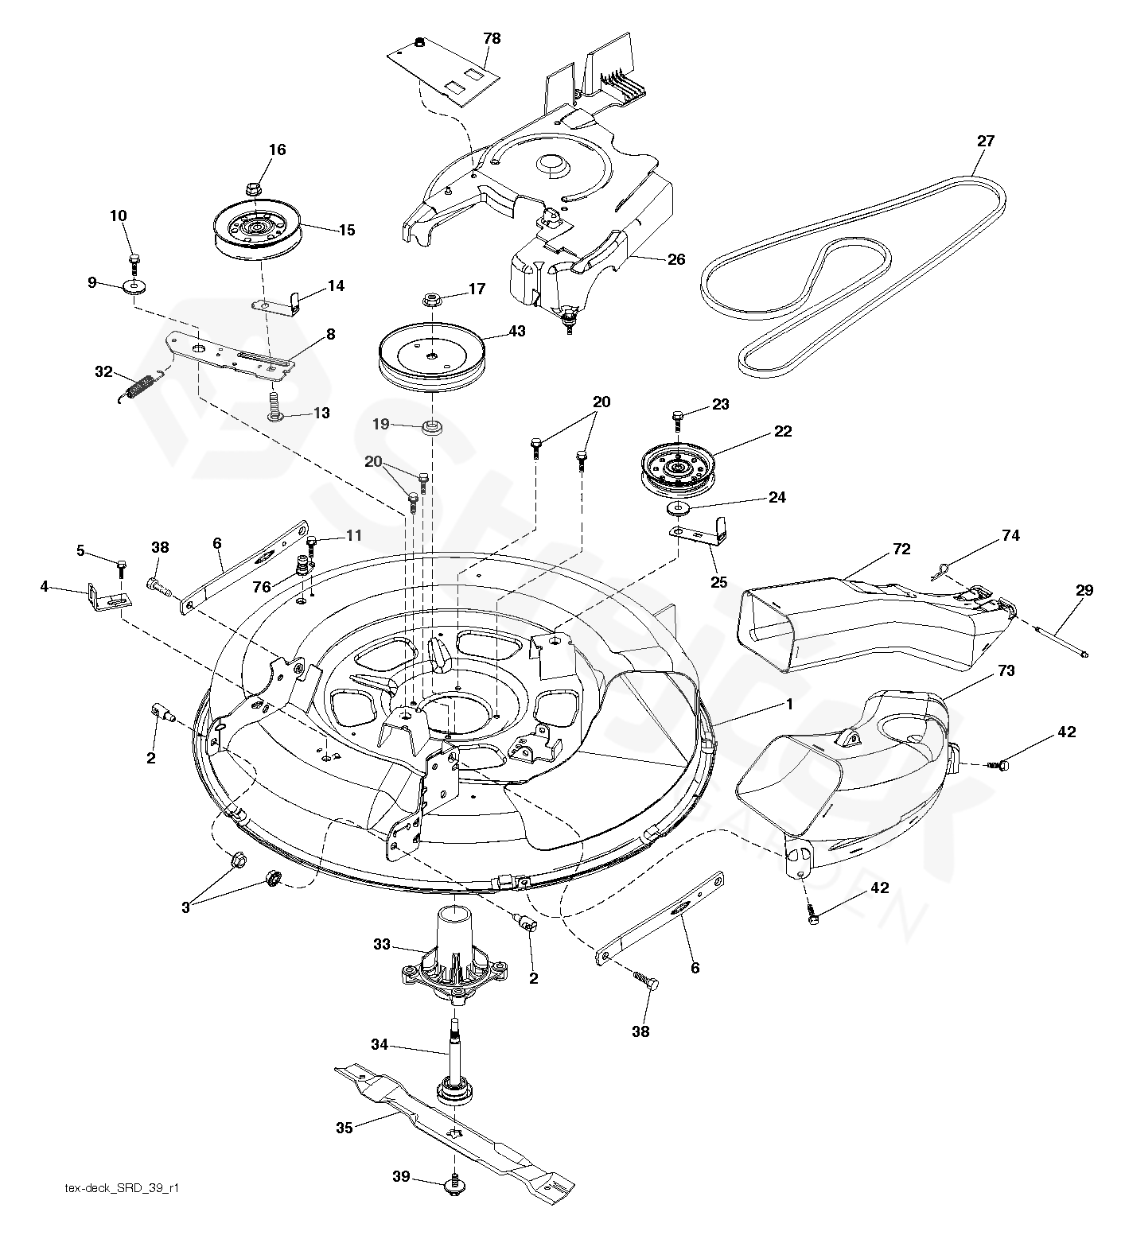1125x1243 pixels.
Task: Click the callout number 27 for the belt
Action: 985,142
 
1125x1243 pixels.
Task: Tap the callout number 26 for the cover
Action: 675,259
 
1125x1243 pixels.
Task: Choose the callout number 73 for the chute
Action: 1006,671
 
